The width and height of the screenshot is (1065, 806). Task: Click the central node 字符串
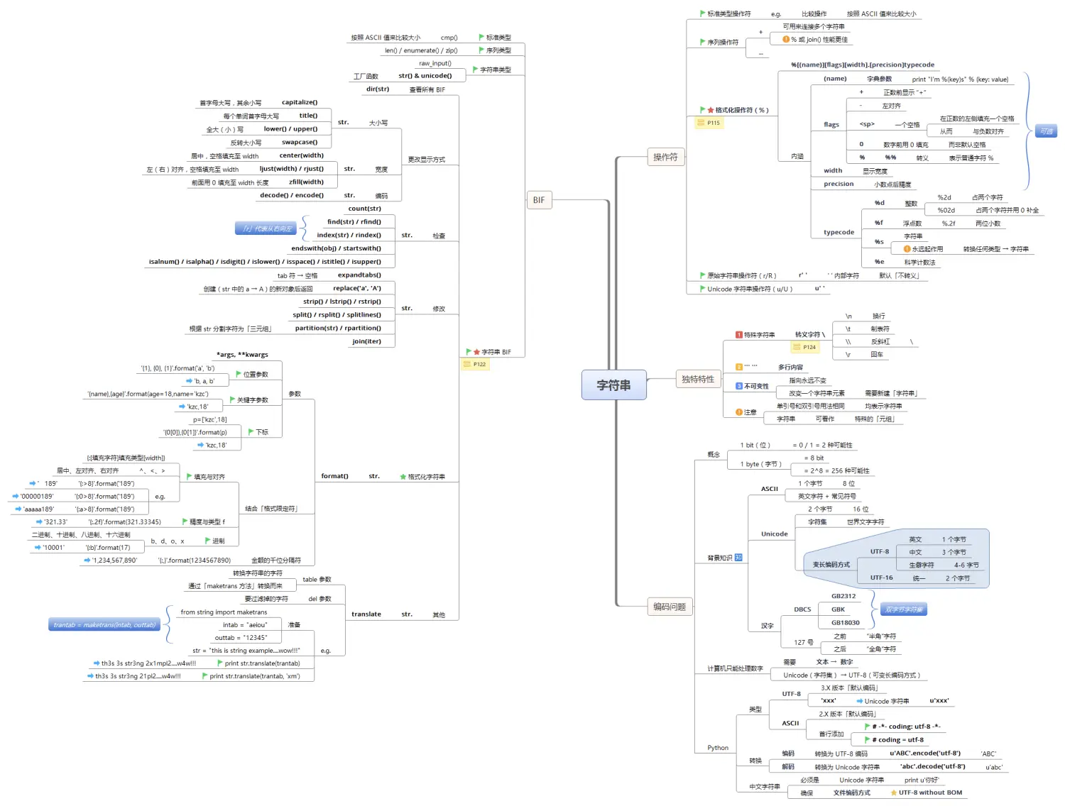point(613,385)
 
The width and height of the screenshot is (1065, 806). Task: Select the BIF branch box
point(539,200)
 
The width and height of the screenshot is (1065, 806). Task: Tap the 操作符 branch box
point(665,157)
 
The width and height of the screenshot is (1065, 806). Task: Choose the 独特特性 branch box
point(697,379)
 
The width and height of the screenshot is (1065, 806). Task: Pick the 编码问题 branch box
point(670,607)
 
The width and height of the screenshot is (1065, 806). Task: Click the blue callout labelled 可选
point(1046,131)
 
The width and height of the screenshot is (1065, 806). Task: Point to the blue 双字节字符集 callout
point(904,609)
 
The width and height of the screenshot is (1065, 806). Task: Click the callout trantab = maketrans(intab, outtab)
point(104,625)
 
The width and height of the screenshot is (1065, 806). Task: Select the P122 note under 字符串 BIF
point(476,364)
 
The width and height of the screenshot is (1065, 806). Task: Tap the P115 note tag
point(709,123)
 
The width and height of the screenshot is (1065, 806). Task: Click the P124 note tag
point(806,347)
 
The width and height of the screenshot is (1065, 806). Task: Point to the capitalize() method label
point(300,102)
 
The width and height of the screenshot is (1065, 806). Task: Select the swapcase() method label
point(300,142)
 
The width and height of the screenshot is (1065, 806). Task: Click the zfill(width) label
point(306,182)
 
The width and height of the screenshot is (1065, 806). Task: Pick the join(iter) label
point(366,341)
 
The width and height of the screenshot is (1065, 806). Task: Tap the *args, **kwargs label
point(242,355)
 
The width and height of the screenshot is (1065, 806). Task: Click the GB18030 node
point(845,623)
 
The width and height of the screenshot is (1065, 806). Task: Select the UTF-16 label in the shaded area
point(881,578)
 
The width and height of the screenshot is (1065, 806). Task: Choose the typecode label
point(839,232)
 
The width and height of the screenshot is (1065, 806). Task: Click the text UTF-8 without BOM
point(930,793)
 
